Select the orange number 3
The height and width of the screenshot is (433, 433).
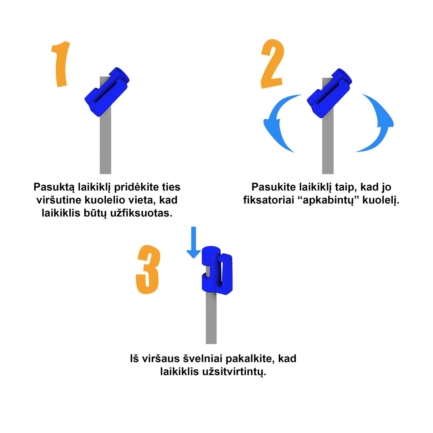pyautogui.click(x=148, y=269)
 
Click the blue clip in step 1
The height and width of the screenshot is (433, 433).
pyautogui.click(x=107, y=92)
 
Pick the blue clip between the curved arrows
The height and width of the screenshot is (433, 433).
pyautogui.click(x=329, y=93)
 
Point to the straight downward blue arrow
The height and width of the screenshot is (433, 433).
pyautogui.click(x=193, y=242)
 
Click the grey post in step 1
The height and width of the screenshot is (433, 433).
pyautogui.click(x=105, y=144)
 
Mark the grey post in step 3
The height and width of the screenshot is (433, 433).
pyautogui.click(x=211, y=319)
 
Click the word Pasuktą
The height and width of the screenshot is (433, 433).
pyautogui.click(x=54, y=187)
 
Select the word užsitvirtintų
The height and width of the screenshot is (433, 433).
pyautogui.click(x=234, y=372)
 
